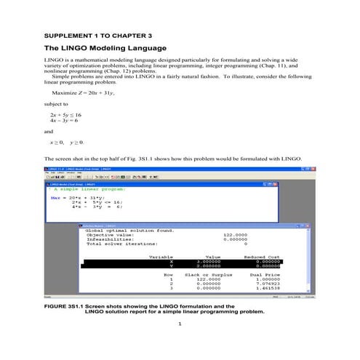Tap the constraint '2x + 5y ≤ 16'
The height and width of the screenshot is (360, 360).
pyautogui.click(x=65, y=115)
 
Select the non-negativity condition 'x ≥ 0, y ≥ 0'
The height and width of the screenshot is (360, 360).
pyautogui.click(x=67, y=143)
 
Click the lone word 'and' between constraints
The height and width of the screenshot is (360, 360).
pyautogui.click(x=49, y=132)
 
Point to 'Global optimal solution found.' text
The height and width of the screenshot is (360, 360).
pyautogui.click(x=130, y=230)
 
